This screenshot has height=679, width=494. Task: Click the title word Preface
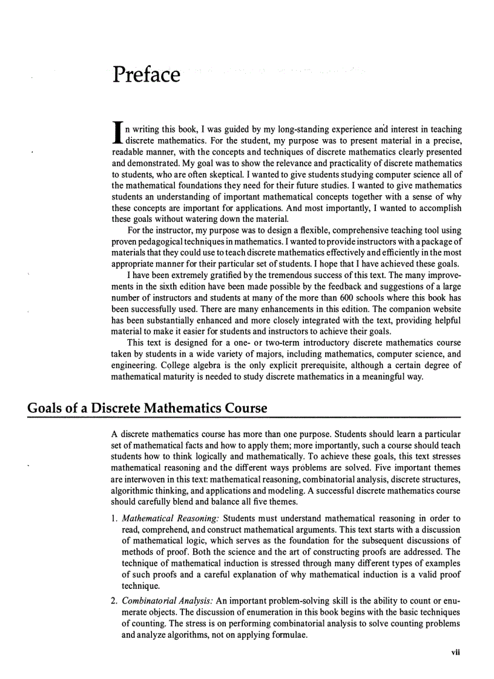(x=146, y=75)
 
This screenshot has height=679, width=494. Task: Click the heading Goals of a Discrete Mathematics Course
(x=147, y=408)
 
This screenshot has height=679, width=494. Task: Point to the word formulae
(x=281, y=636)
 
